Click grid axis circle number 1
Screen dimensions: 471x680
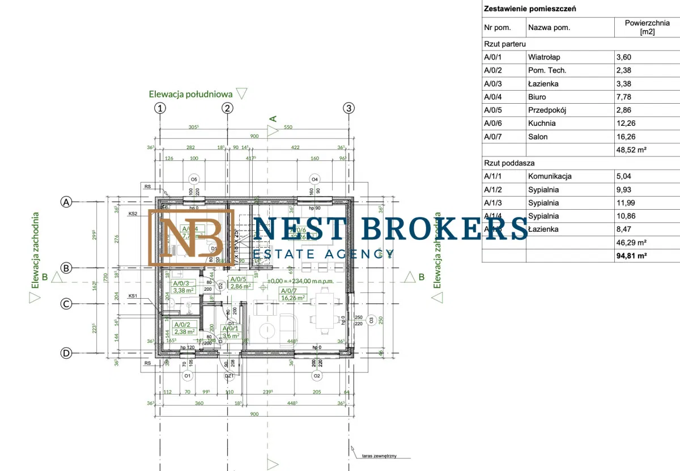(x=161, y=108)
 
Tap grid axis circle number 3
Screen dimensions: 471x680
(x=348, y=108)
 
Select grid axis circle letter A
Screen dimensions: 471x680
(x=67, y=202)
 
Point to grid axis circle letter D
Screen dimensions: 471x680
(x=66, y=353)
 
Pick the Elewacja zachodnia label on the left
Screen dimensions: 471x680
(x=35, y=251)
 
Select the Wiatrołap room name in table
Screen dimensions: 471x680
(x=543, y=57)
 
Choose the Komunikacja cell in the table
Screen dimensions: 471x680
(x=550, y=176)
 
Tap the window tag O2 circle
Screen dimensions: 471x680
(x=317, y=375)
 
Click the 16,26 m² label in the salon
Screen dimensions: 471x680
(x=293, y=298)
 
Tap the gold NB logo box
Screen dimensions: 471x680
(x=191, y=237)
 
